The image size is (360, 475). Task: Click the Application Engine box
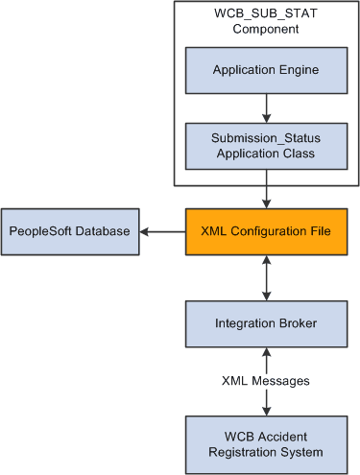point(264,70)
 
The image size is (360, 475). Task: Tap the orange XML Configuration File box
point(264,232)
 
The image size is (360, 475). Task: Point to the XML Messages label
point(264,380)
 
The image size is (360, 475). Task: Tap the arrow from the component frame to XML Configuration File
point(264,196)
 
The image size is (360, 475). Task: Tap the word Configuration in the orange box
point(266,232)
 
